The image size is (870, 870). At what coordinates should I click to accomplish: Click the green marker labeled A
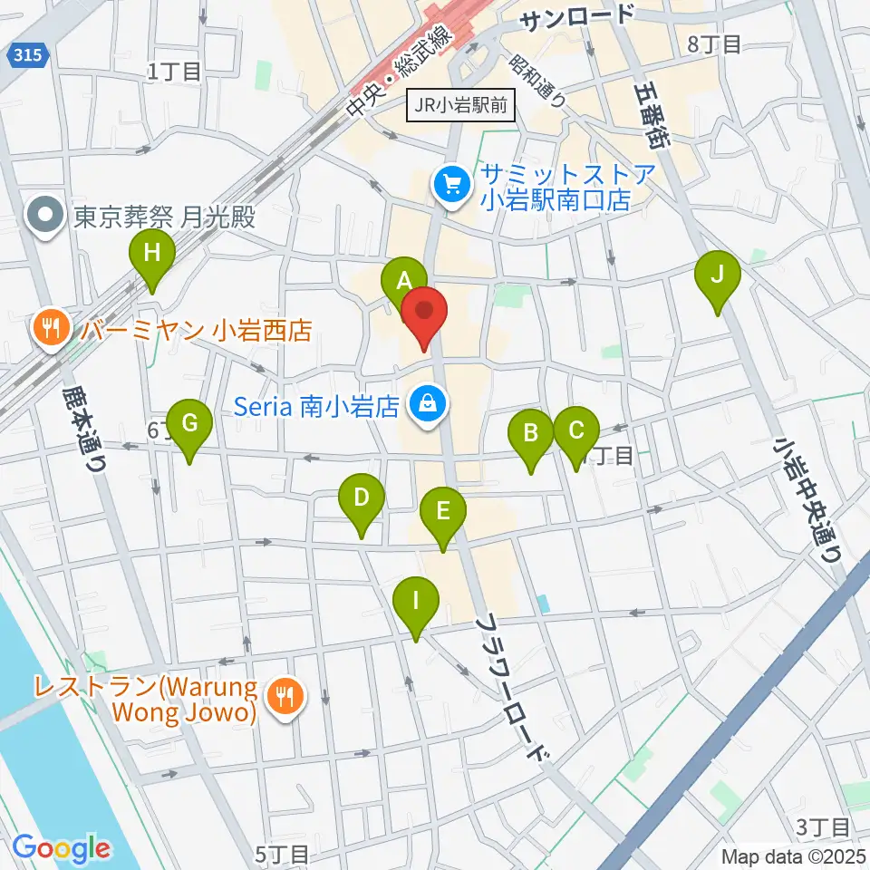coord(403,281)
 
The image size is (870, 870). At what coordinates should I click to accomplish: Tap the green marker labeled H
coord(152,255)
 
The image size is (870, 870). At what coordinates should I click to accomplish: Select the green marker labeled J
coord(717,275)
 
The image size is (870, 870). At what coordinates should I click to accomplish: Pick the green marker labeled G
coord(189,423)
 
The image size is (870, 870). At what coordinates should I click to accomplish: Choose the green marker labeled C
coord(576,431)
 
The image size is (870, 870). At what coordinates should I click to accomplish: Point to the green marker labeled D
coord(362,498)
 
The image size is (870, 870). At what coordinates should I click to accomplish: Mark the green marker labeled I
coord(416,602)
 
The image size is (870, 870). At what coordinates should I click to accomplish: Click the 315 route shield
coord(32,56)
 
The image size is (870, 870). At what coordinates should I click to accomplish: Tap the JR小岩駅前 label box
coord(461,105)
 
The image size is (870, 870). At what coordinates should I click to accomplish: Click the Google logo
coord(61,849)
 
